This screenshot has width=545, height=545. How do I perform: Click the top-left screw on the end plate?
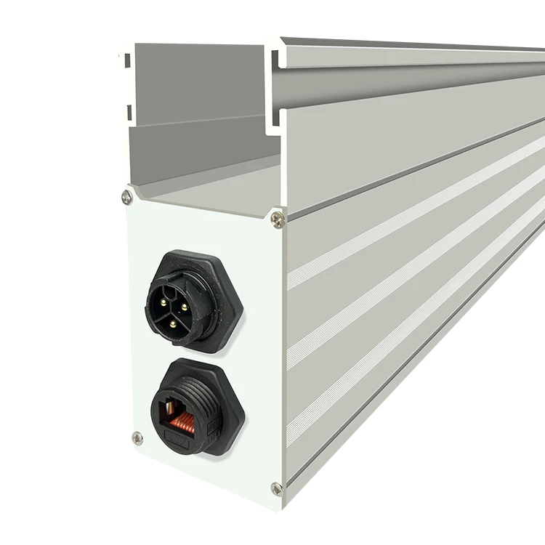coord(127,196)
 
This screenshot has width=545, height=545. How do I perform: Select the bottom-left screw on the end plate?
coord(137,437)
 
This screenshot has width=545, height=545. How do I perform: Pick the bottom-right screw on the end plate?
coord(276,488)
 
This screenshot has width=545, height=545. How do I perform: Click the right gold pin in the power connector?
coord(183,308)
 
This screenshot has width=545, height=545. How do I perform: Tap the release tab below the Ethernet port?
coord(178,439)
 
